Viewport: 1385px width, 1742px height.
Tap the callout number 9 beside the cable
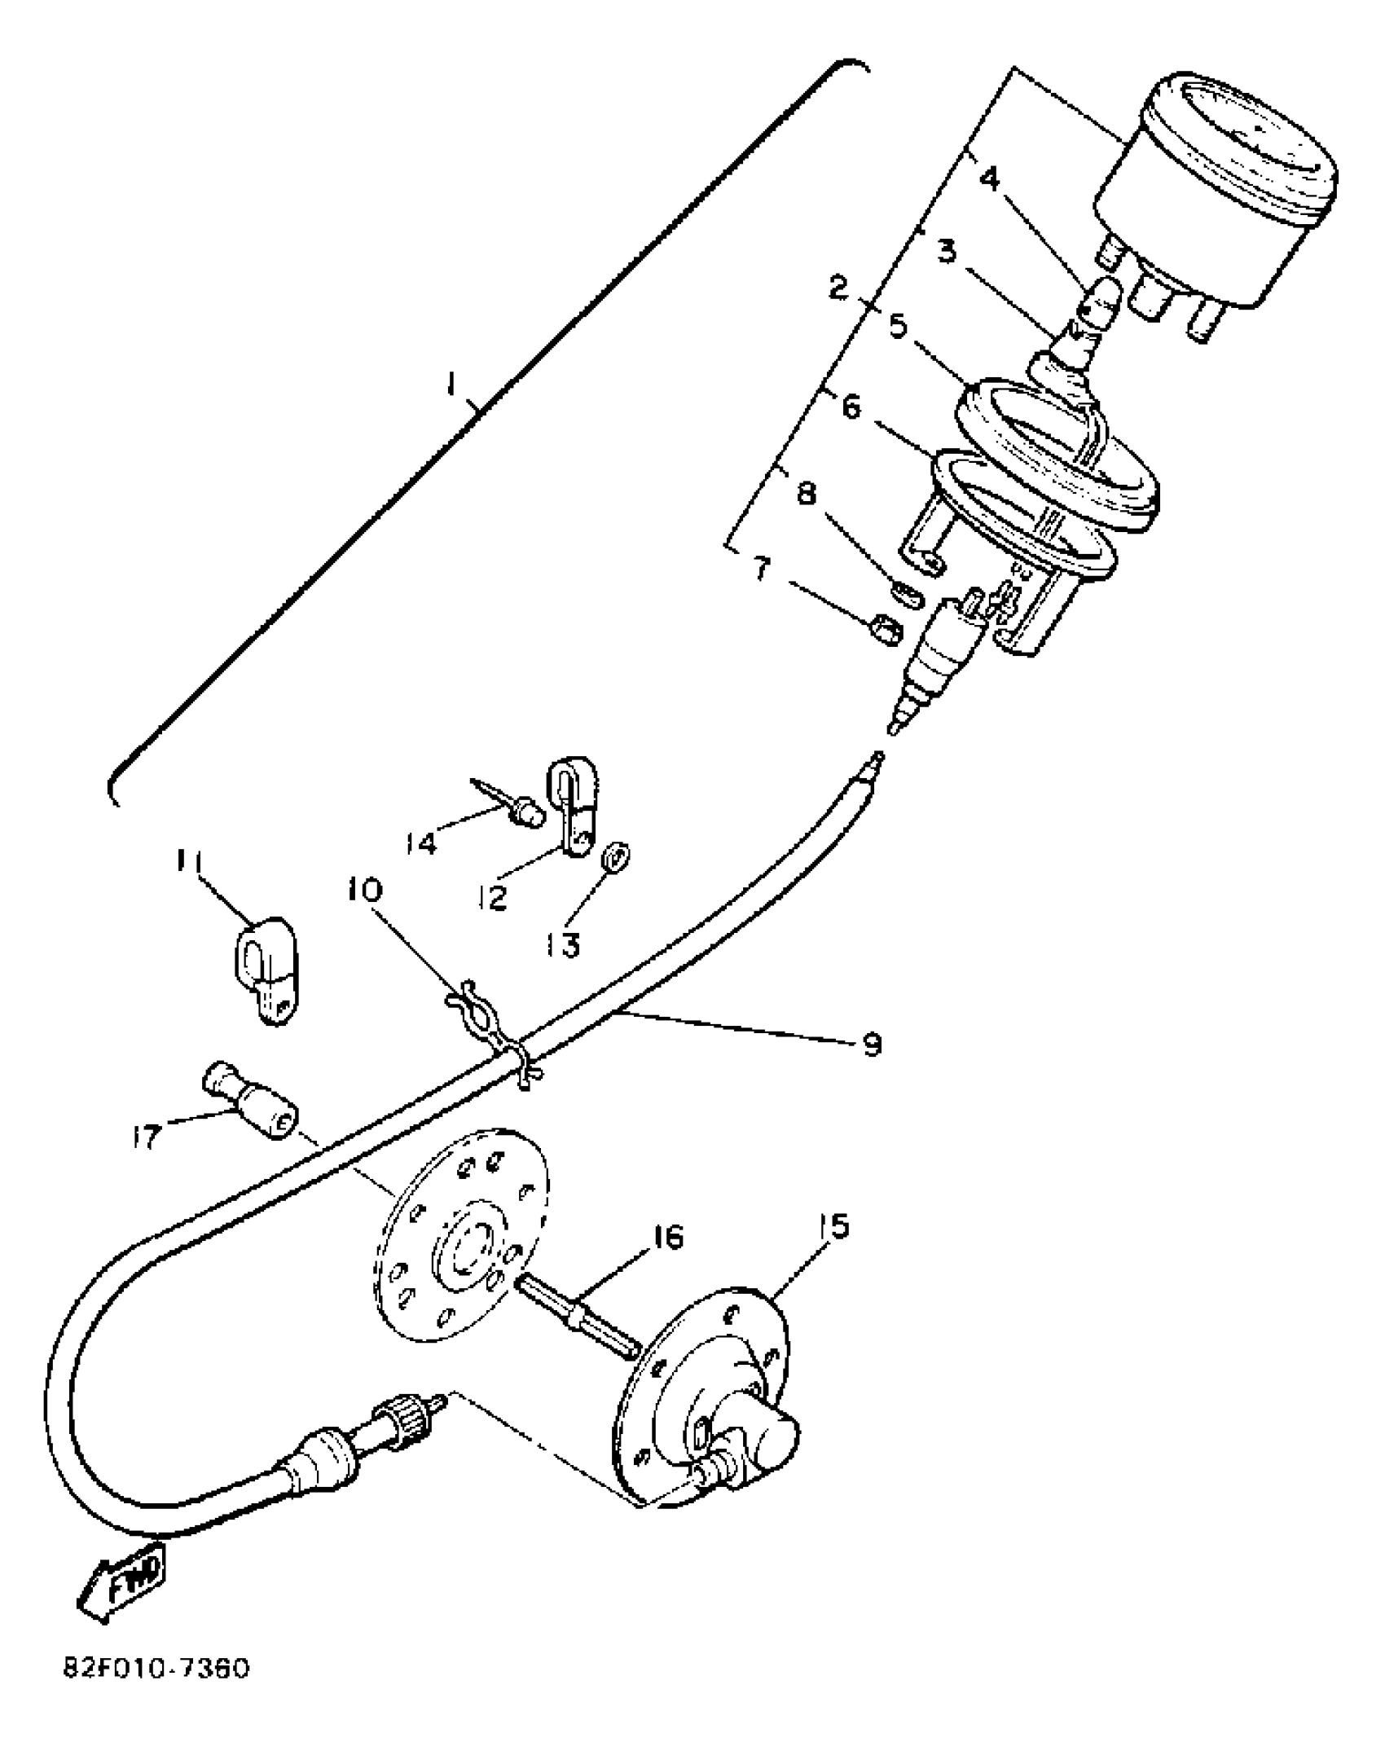[x=873, y=1044]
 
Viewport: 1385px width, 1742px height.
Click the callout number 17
[x=146, y=1137]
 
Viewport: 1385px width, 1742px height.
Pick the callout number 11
[x=191, y=861]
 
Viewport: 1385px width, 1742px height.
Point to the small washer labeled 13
[x=617, y=858]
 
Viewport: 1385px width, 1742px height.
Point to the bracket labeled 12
[x=574, y=803]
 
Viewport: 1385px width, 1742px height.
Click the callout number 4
[x=990, y=177]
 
